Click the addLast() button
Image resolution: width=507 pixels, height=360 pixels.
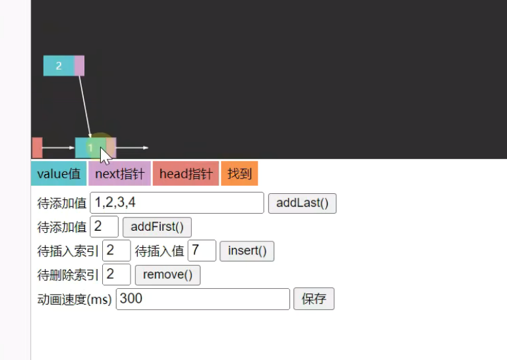(x=302, y=203)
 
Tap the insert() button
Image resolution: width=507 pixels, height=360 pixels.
(x=247, y=251)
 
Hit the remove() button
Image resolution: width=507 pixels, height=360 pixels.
(x=167, y=274)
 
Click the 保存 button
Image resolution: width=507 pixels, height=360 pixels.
(x=314, y=299)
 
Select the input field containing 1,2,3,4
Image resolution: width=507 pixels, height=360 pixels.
(x=177, y=203)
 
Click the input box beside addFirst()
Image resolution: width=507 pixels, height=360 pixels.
(x=104, y=227)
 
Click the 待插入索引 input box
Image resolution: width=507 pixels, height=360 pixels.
(x=116, y=251)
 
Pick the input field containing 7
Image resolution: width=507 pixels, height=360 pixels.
(x=202, y=251)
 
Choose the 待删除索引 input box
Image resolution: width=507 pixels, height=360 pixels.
(x=116, y=274)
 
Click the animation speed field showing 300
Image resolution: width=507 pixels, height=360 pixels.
(x=202, y=299)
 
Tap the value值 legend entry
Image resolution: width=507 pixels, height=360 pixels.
(x=59, y=174)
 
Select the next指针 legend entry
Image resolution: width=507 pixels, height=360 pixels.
(x=119, y=174)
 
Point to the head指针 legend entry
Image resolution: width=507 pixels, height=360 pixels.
(x=186, y=174)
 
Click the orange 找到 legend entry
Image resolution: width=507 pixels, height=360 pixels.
(x=239, y=174)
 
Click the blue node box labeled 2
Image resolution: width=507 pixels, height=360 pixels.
(x=59, y=66)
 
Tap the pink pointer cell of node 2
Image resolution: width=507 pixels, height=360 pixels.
(x=79, y=66)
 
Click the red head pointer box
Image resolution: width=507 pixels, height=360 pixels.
(x=37, y=148)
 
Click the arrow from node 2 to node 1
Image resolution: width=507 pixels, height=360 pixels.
(x=85, y=105)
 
